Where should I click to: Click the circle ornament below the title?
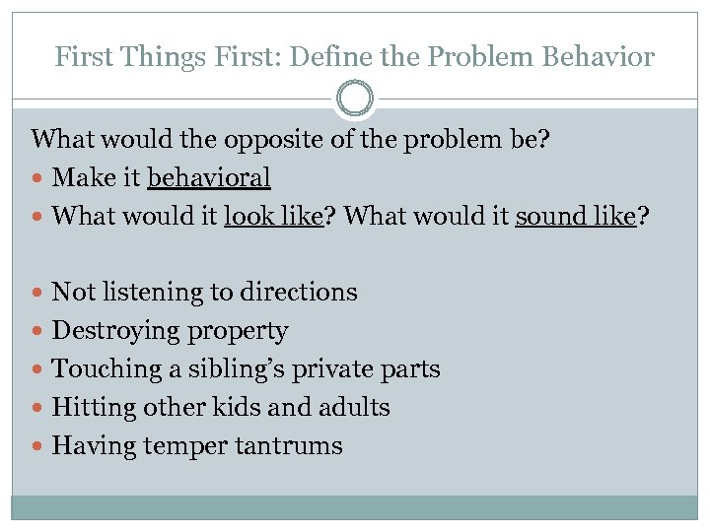click(x=355, y=100)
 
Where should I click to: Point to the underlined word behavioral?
click(x=208, y=177)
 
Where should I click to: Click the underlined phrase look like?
click(x=274, y=216)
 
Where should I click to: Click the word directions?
click(x=306, y=292)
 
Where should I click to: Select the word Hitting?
click(x=86, y=408)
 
